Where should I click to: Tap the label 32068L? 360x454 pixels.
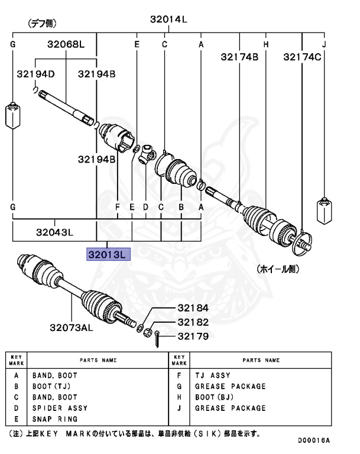click(x=66, y=44)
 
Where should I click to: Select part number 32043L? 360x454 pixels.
click(x=54, y=232)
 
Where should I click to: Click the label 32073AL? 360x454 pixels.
click(x=72, y=326)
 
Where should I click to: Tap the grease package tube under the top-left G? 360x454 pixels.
click(x=12, y=116)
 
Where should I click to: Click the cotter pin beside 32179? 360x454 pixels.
click(x=159, y=340)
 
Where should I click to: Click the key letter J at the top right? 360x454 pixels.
click(x=324, y=44)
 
